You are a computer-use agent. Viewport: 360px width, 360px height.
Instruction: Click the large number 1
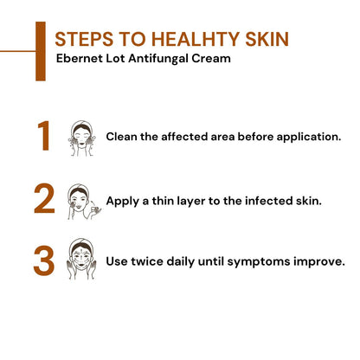tap(44, 137)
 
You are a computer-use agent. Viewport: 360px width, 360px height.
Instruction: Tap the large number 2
tap(44, 199)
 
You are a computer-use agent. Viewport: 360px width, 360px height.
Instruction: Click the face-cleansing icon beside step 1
tap(80, 137)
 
